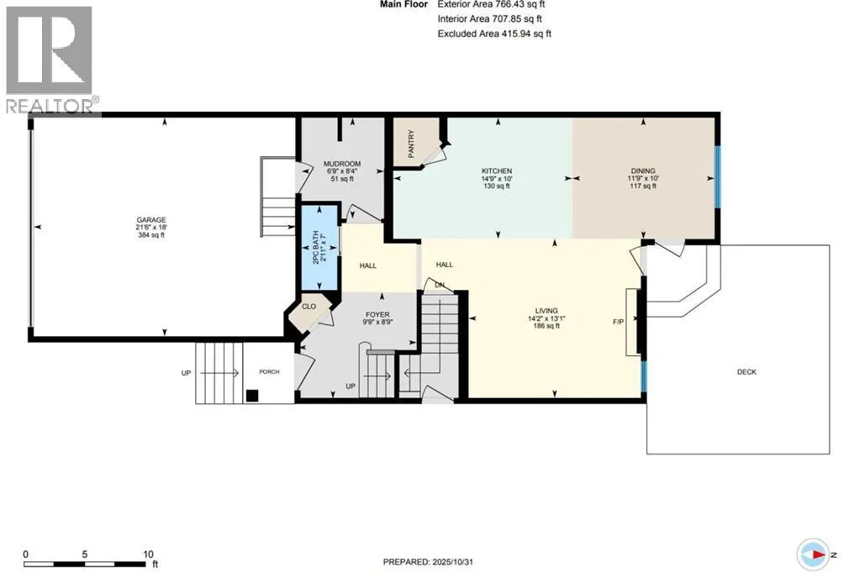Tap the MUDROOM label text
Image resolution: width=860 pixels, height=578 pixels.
pos(344,164)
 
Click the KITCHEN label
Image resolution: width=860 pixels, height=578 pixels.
pos(497,171)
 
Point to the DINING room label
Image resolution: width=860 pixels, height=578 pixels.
pos(642,171)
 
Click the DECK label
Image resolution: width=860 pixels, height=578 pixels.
pos(746,372)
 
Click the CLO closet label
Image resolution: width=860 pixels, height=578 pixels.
pos(309,307)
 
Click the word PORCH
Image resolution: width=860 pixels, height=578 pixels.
pos(269,372)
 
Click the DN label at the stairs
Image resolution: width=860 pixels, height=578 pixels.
pos(438,285)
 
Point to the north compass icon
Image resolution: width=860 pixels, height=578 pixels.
pos(814,554)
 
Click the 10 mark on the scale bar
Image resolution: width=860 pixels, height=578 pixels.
pos(148,554)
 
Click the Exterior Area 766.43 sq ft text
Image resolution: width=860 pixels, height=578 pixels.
pos(494,5)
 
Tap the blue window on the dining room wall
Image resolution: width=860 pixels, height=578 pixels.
pos(717,177)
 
